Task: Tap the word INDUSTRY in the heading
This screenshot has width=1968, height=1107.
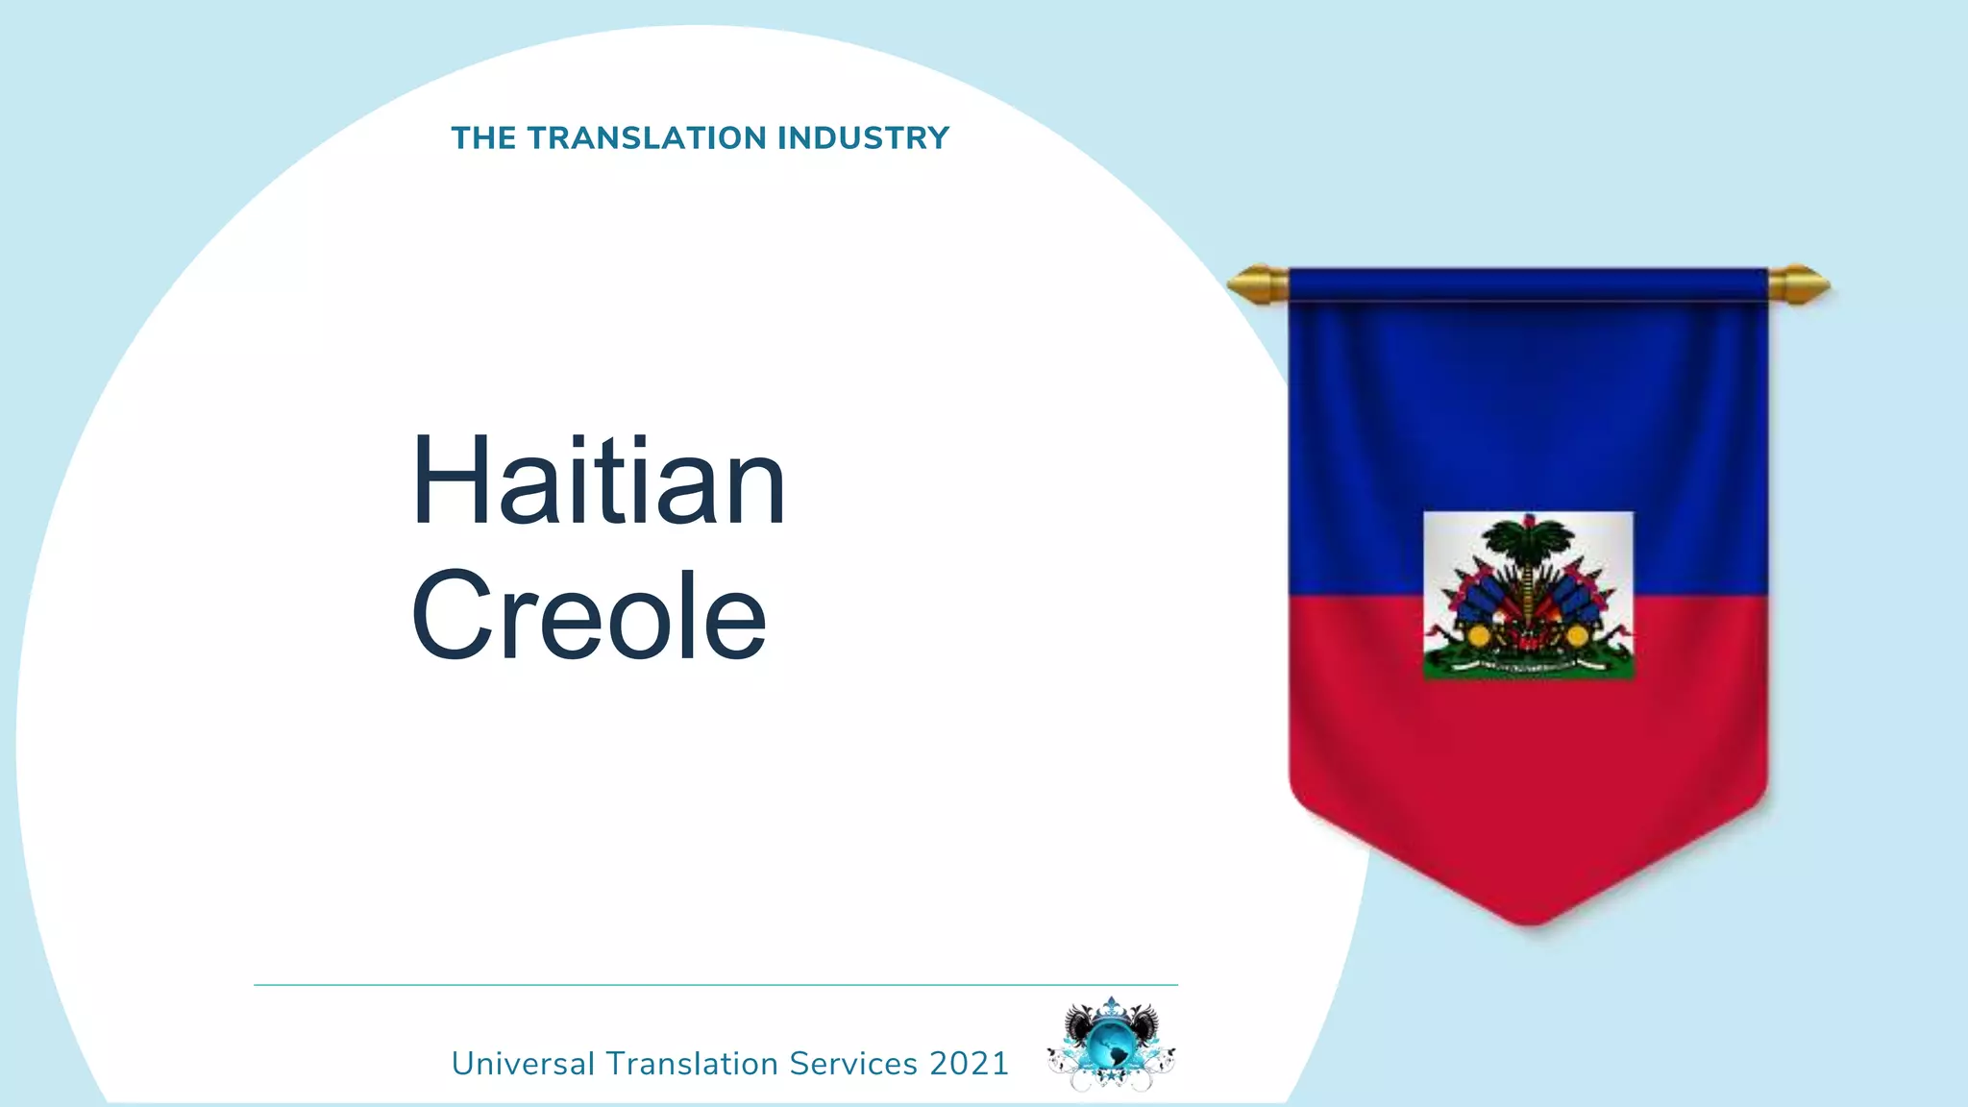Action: coord(863,138)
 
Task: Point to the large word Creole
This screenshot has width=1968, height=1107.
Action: coord(588,615)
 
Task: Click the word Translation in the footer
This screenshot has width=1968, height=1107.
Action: coord(692,1064)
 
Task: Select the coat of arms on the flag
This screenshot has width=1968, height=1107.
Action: coord(1528,596)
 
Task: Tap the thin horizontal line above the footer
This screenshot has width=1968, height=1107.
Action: coord(715,985)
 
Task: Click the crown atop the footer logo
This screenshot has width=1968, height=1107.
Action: coord(1112,1007)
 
